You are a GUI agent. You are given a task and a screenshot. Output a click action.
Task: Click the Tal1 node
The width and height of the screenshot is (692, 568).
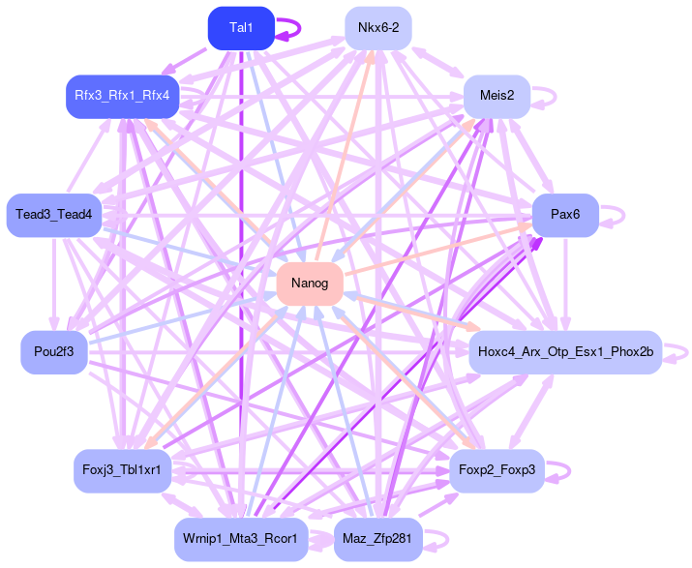pyautogui.click(x=241, y=28)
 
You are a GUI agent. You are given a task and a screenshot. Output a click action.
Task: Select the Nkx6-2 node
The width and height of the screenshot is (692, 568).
pyautogui.click(x=378, y=28)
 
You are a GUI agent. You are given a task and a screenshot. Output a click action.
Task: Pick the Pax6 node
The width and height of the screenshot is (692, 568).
pyautogui.click(x=565, y=215)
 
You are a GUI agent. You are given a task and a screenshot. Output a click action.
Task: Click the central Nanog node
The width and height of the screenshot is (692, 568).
pyautogui.click(x=310, y=284)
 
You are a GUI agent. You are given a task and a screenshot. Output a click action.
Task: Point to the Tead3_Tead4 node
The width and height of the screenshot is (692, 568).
pyautogui.click(x=53, y=215)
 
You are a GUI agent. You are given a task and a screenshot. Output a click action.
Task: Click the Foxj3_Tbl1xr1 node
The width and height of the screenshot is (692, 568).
pyautogui.click(x=122, y=470)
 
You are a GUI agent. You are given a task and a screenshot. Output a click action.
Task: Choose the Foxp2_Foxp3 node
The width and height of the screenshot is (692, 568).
pyautogui.click(x=497, y=470)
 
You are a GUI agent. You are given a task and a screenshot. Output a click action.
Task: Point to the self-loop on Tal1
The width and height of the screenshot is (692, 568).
pyautogui.click(x=290, y=28)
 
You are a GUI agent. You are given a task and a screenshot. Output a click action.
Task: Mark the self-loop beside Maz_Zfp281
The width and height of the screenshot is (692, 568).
pyautogui.click(x=438, y=539)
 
